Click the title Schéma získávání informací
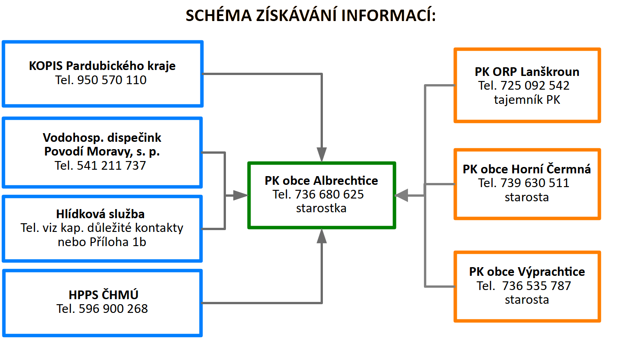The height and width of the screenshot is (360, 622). coord(311,15)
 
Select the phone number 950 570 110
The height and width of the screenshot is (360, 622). coord(112,80)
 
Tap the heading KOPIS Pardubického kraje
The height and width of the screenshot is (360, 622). coord(102,66)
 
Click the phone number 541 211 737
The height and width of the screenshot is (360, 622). coord(111,166)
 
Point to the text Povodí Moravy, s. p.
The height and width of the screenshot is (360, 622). coord(102,152)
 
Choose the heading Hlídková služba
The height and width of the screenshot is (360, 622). coord(100,214)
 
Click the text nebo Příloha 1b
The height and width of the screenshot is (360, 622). coord(102,242)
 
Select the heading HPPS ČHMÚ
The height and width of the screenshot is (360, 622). coord(103,295)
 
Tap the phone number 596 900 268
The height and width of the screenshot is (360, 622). coord(113,309)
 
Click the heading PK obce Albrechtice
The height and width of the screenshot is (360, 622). coord(321,181)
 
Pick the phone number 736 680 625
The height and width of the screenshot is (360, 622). coord(329,194)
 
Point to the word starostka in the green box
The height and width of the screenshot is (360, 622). coord(321,208)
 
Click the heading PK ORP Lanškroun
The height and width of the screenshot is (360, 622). coord(527,72)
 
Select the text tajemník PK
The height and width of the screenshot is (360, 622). coord(527,100)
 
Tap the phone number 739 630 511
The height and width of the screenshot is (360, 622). coord(535,183)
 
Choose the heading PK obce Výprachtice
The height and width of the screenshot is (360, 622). coord(527,272)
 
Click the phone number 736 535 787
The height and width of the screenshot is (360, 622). coord(536,286)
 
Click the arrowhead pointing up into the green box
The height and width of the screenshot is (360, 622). coord(322,236)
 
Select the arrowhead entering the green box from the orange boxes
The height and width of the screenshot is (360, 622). coord(402,196)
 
